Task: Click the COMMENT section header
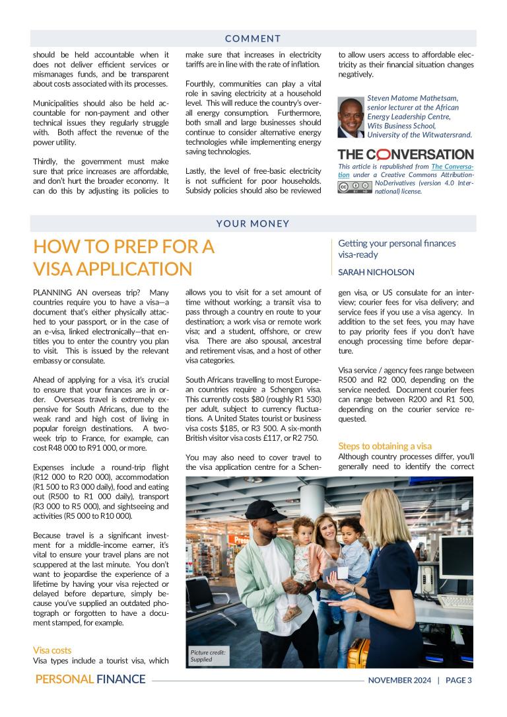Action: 253,38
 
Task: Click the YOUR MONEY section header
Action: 253,223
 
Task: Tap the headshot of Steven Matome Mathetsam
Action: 351,116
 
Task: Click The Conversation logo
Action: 405,155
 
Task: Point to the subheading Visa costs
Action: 52,650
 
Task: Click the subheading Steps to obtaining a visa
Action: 384,446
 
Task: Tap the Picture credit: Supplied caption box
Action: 208,656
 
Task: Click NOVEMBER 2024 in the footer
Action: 399,680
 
